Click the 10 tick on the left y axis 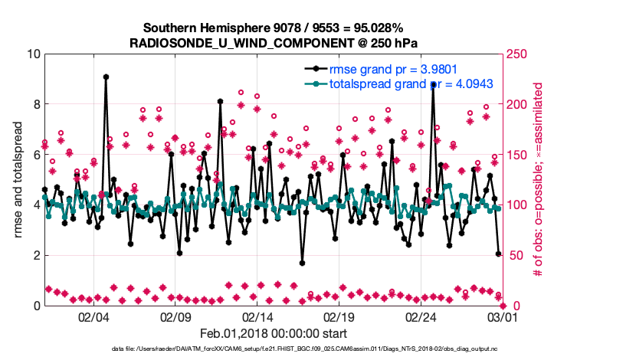tap(33, 54)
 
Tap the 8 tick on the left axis tap(36, 104)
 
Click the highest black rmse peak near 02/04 tap(106, 77)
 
